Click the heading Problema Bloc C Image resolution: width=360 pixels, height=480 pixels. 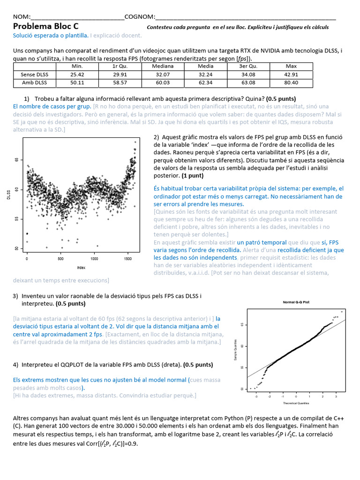coord(45,27)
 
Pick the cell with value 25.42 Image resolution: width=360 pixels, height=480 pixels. coord(77,75)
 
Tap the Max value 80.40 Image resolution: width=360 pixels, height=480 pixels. coord(291,83)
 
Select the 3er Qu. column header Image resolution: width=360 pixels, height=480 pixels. coord(248,66)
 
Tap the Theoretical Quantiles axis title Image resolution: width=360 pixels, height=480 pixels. coord(296,403)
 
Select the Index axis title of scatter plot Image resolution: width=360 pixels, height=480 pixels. coord(82,267)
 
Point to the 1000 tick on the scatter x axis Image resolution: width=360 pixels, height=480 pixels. coord(94,259)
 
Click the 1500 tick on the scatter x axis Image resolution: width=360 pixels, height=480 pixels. coord(127,259)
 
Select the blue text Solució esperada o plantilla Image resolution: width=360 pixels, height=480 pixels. coord(51,35)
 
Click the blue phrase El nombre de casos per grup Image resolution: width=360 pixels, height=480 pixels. coord(52,106)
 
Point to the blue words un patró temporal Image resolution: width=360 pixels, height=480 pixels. coord(262,242)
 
